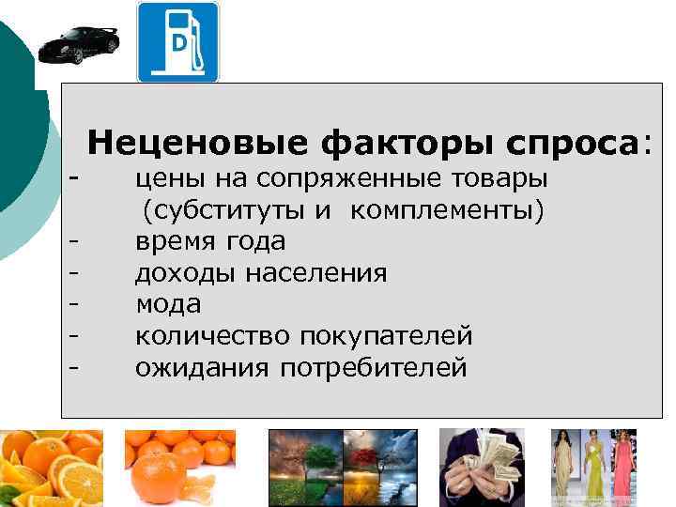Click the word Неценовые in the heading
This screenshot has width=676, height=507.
pos(197,144)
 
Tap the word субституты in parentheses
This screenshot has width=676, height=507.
pos(225,209)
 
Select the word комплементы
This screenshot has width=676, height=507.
pos(447,209)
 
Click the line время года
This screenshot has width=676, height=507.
pos(210,241)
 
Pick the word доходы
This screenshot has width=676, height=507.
pos(186,273)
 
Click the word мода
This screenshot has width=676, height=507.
pos(168,305)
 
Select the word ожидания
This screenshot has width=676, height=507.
pos(202,368)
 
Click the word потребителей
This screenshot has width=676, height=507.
pos(373,368)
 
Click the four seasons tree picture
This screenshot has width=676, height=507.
pos(343,468)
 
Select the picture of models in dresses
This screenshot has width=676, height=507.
pos(592,468)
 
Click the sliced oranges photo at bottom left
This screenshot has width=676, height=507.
pos(52,468)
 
